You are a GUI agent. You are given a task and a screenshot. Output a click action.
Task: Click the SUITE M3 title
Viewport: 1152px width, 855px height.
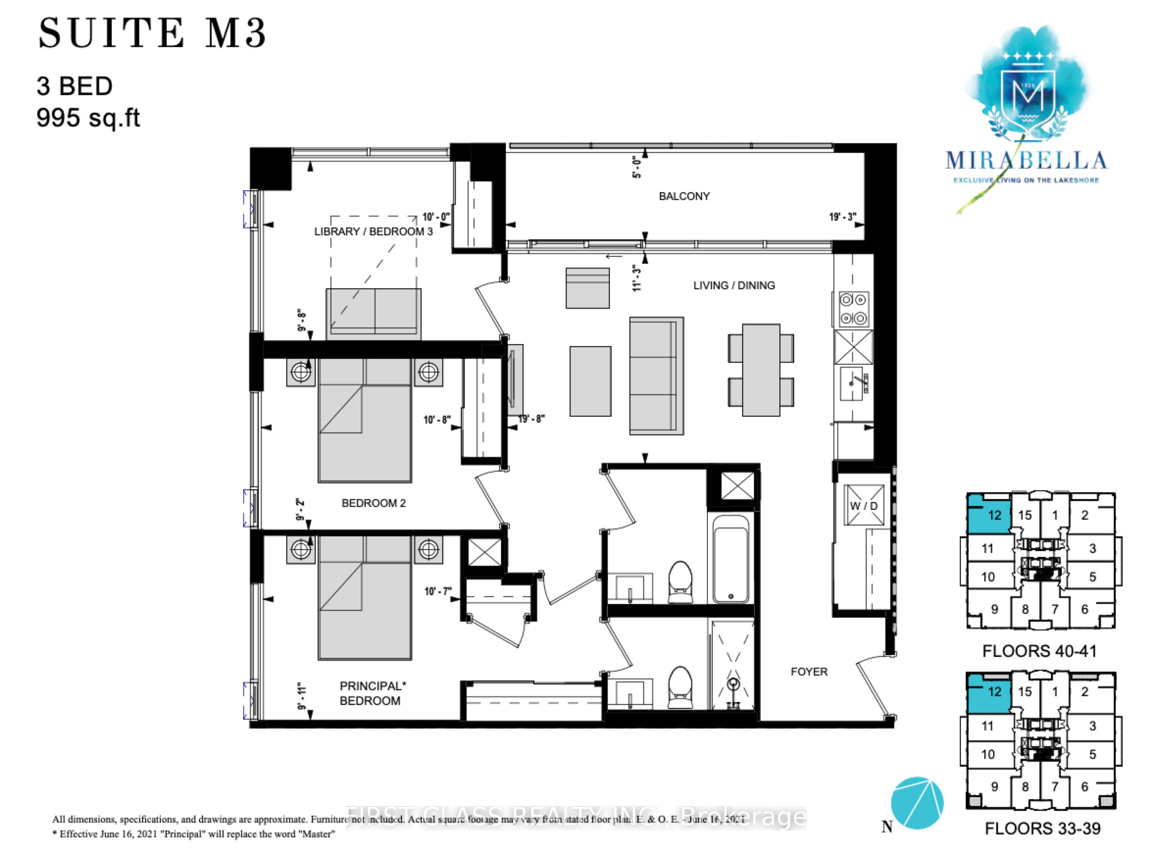(x=152, y=33)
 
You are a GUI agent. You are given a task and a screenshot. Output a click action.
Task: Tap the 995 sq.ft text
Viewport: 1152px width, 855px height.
(x=88, y=118)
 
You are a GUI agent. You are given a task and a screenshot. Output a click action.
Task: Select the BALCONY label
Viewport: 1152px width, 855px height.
(x=684, y=196)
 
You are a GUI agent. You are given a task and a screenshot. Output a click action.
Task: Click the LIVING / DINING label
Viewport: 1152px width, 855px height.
(x=733, y=285)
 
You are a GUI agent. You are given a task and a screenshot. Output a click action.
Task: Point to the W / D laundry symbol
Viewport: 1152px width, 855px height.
(x=863, y=505)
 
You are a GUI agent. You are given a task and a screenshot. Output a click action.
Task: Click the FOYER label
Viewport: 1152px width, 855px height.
(x=808, y=671)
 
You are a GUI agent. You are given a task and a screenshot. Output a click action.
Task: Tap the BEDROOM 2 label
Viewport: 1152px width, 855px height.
(x=373, y=503)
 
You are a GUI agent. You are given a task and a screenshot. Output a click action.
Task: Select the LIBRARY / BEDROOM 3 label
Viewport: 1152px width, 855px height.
(x=373, y=231)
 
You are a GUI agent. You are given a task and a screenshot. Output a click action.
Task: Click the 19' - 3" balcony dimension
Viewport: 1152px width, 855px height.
(x=842, y=217)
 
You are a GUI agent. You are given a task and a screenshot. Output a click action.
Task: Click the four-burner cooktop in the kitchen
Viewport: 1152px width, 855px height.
(x=853, y=309)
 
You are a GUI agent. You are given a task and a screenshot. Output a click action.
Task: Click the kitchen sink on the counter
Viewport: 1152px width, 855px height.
(x=851, y=383)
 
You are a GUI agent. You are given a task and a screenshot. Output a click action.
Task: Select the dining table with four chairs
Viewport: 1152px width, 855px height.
(x=761, y=370)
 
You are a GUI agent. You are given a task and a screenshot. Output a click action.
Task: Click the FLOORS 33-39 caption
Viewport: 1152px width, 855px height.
(x=1042, y=828)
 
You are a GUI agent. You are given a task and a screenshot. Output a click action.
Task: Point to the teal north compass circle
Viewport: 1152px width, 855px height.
(x=917, y=803)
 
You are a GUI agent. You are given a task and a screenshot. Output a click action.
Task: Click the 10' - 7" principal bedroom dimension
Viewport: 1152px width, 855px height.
(x=438, y=591)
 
